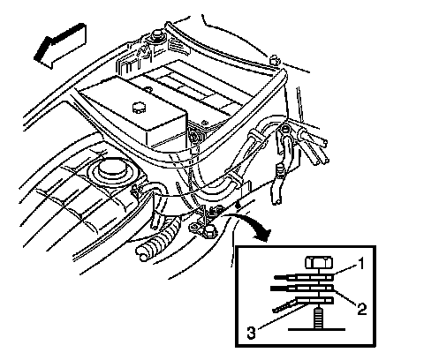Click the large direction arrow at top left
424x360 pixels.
[60, 46]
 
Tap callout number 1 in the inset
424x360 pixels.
[360, 264]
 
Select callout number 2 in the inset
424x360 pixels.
[362, 309]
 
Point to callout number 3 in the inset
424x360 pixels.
[251, 334]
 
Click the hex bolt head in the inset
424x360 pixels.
[319, 262]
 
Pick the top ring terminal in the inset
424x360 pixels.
[303, 277]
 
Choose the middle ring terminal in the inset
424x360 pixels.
[302, 288]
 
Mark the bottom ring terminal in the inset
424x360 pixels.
[303, 303]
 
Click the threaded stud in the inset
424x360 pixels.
[319, 318]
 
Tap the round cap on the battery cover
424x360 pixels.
[138, 107]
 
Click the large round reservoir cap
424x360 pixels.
[113, 168]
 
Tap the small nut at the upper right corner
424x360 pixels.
[275, 60]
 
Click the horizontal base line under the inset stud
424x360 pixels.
[316, 329]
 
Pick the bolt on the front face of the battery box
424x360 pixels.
[194, 136]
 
